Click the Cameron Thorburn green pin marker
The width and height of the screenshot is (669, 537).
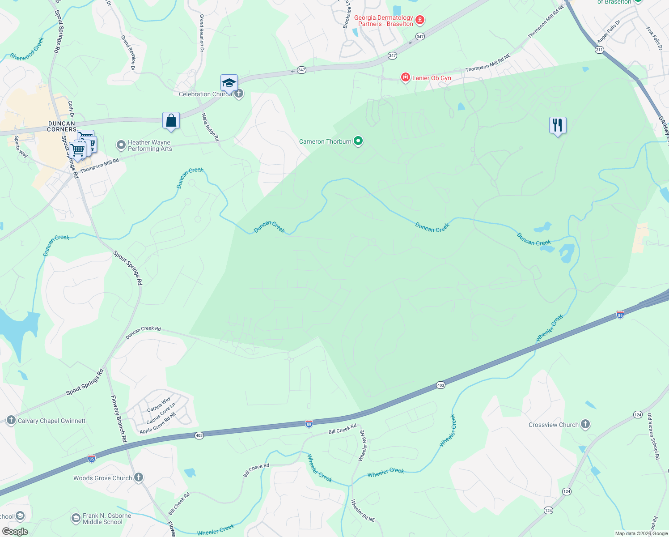[358, 141]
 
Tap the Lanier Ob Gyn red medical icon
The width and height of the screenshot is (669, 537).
[405, 77]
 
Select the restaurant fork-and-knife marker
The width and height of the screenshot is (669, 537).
[558, 125]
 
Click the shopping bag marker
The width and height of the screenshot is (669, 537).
[171, 121]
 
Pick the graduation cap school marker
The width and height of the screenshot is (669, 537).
[229, 83]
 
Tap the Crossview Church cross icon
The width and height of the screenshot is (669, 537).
[585, 425]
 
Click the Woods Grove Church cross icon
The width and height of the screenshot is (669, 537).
[139, 477]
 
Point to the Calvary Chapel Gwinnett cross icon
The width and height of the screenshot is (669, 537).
[11, 420]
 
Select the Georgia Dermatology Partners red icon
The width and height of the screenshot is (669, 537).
[419, 20]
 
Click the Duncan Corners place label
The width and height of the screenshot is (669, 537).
[62, 126]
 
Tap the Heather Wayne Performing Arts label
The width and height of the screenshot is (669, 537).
[149, 145]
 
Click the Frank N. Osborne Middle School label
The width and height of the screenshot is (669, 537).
[106, 519]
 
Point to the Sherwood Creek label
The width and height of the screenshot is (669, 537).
[27, 49]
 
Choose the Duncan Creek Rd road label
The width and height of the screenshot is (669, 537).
[143, 332]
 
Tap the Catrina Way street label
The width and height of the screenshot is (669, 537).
[159, 404]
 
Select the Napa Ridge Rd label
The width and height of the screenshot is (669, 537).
[210, 128]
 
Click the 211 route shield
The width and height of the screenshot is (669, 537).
[599, 50]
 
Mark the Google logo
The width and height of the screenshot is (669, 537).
[15, 532]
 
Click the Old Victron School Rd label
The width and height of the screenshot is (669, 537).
[653, 436]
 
